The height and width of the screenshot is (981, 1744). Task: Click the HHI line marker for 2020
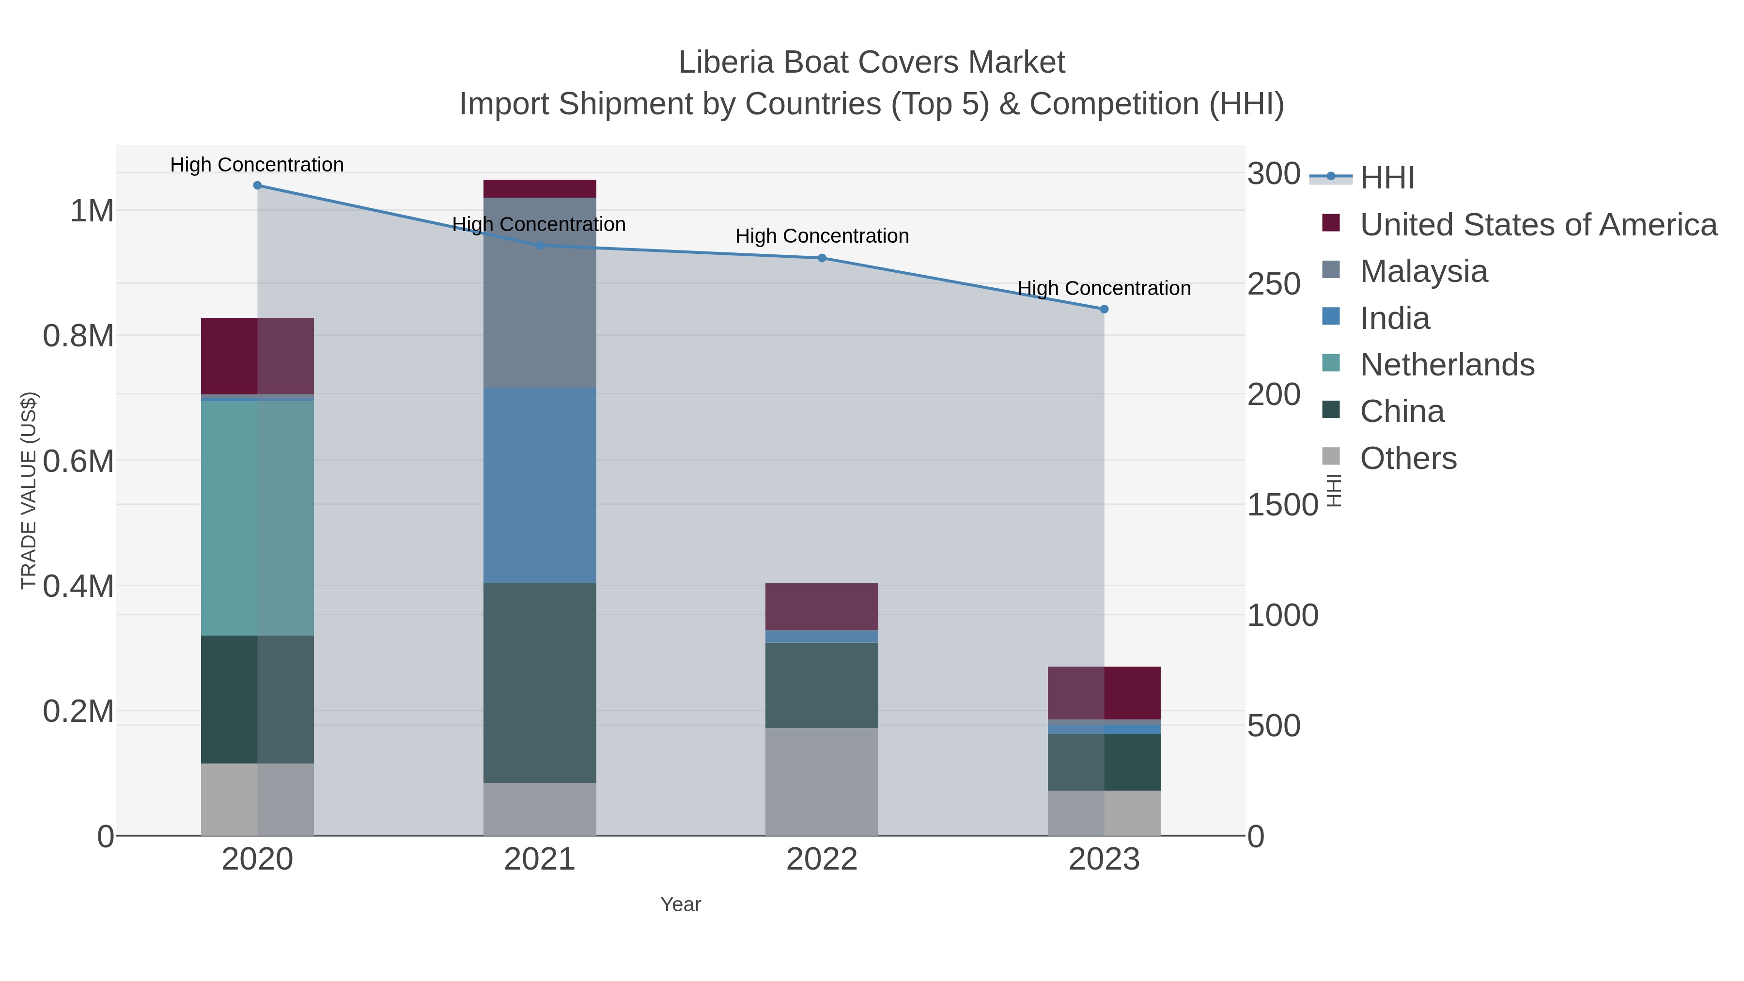(257, 186)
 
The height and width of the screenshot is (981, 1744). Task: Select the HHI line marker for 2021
(540, 246)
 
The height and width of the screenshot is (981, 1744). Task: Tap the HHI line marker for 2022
(822, 258)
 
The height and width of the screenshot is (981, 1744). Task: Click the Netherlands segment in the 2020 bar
(257, 518)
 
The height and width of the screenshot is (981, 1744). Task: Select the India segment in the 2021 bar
(540, 485)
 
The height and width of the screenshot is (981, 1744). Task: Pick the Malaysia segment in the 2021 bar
(540, 293)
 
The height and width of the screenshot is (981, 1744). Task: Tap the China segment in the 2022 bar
(822, 685)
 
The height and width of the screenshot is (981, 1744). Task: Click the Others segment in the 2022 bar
(822, 782)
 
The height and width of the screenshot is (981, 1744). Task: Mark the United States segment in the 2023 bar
(1104, 693)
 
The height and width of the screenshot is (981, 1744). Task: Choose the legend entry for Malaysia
(1423, 271)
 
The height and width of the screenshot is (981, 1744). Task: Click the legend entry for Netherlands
(1447, 365)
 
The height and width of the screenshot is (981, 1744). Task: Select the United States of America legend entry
(1538, 225)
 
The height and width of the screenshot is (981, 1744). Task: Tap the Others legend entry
(1408, 458)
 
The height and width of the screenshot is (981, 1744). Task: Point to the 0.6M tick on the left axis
(78, 462)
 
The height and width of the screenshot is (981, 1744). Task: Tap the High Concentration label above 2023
(1104, 288)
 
